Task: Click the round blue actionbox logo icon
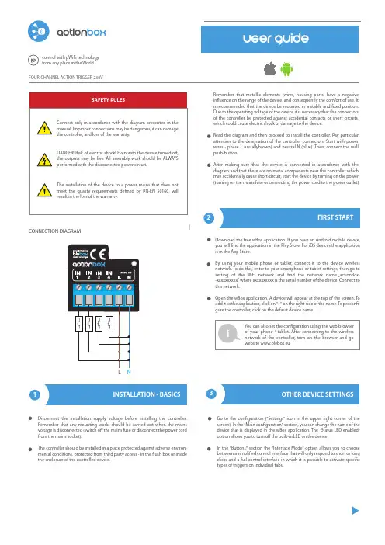point(39,31)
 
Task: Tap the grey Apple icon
point(270,68)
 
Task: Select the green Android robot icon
point(286,69)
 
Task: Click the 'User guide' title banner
point(279,40)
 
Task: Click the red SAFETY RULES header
point(109,100)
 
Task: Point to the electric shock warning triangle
point(44,160)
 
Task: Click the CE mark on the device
point(98,255)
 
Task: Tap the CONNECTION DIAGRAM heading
point(54,231)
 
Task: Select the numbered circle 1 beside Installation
point(35,395)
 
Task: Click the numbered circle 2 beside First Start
point(209,218)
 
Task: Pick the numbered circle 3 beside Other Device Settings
point(211,394)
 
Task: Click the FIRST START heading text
point(335,217)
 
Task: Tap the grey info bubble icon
point(228,333)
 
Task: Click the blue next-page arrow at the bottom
point(356,511)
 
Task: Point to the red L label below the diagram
point(120,372)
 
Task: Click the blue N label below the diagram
point(129,372)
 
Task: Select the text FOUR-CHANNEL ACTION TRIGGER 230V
point(66,78)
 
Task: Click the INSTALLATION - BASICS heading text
point(147,394)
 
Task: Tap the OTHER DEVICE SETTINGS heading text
point(317,394)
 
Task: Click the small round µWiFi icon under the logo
point(33,60)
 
